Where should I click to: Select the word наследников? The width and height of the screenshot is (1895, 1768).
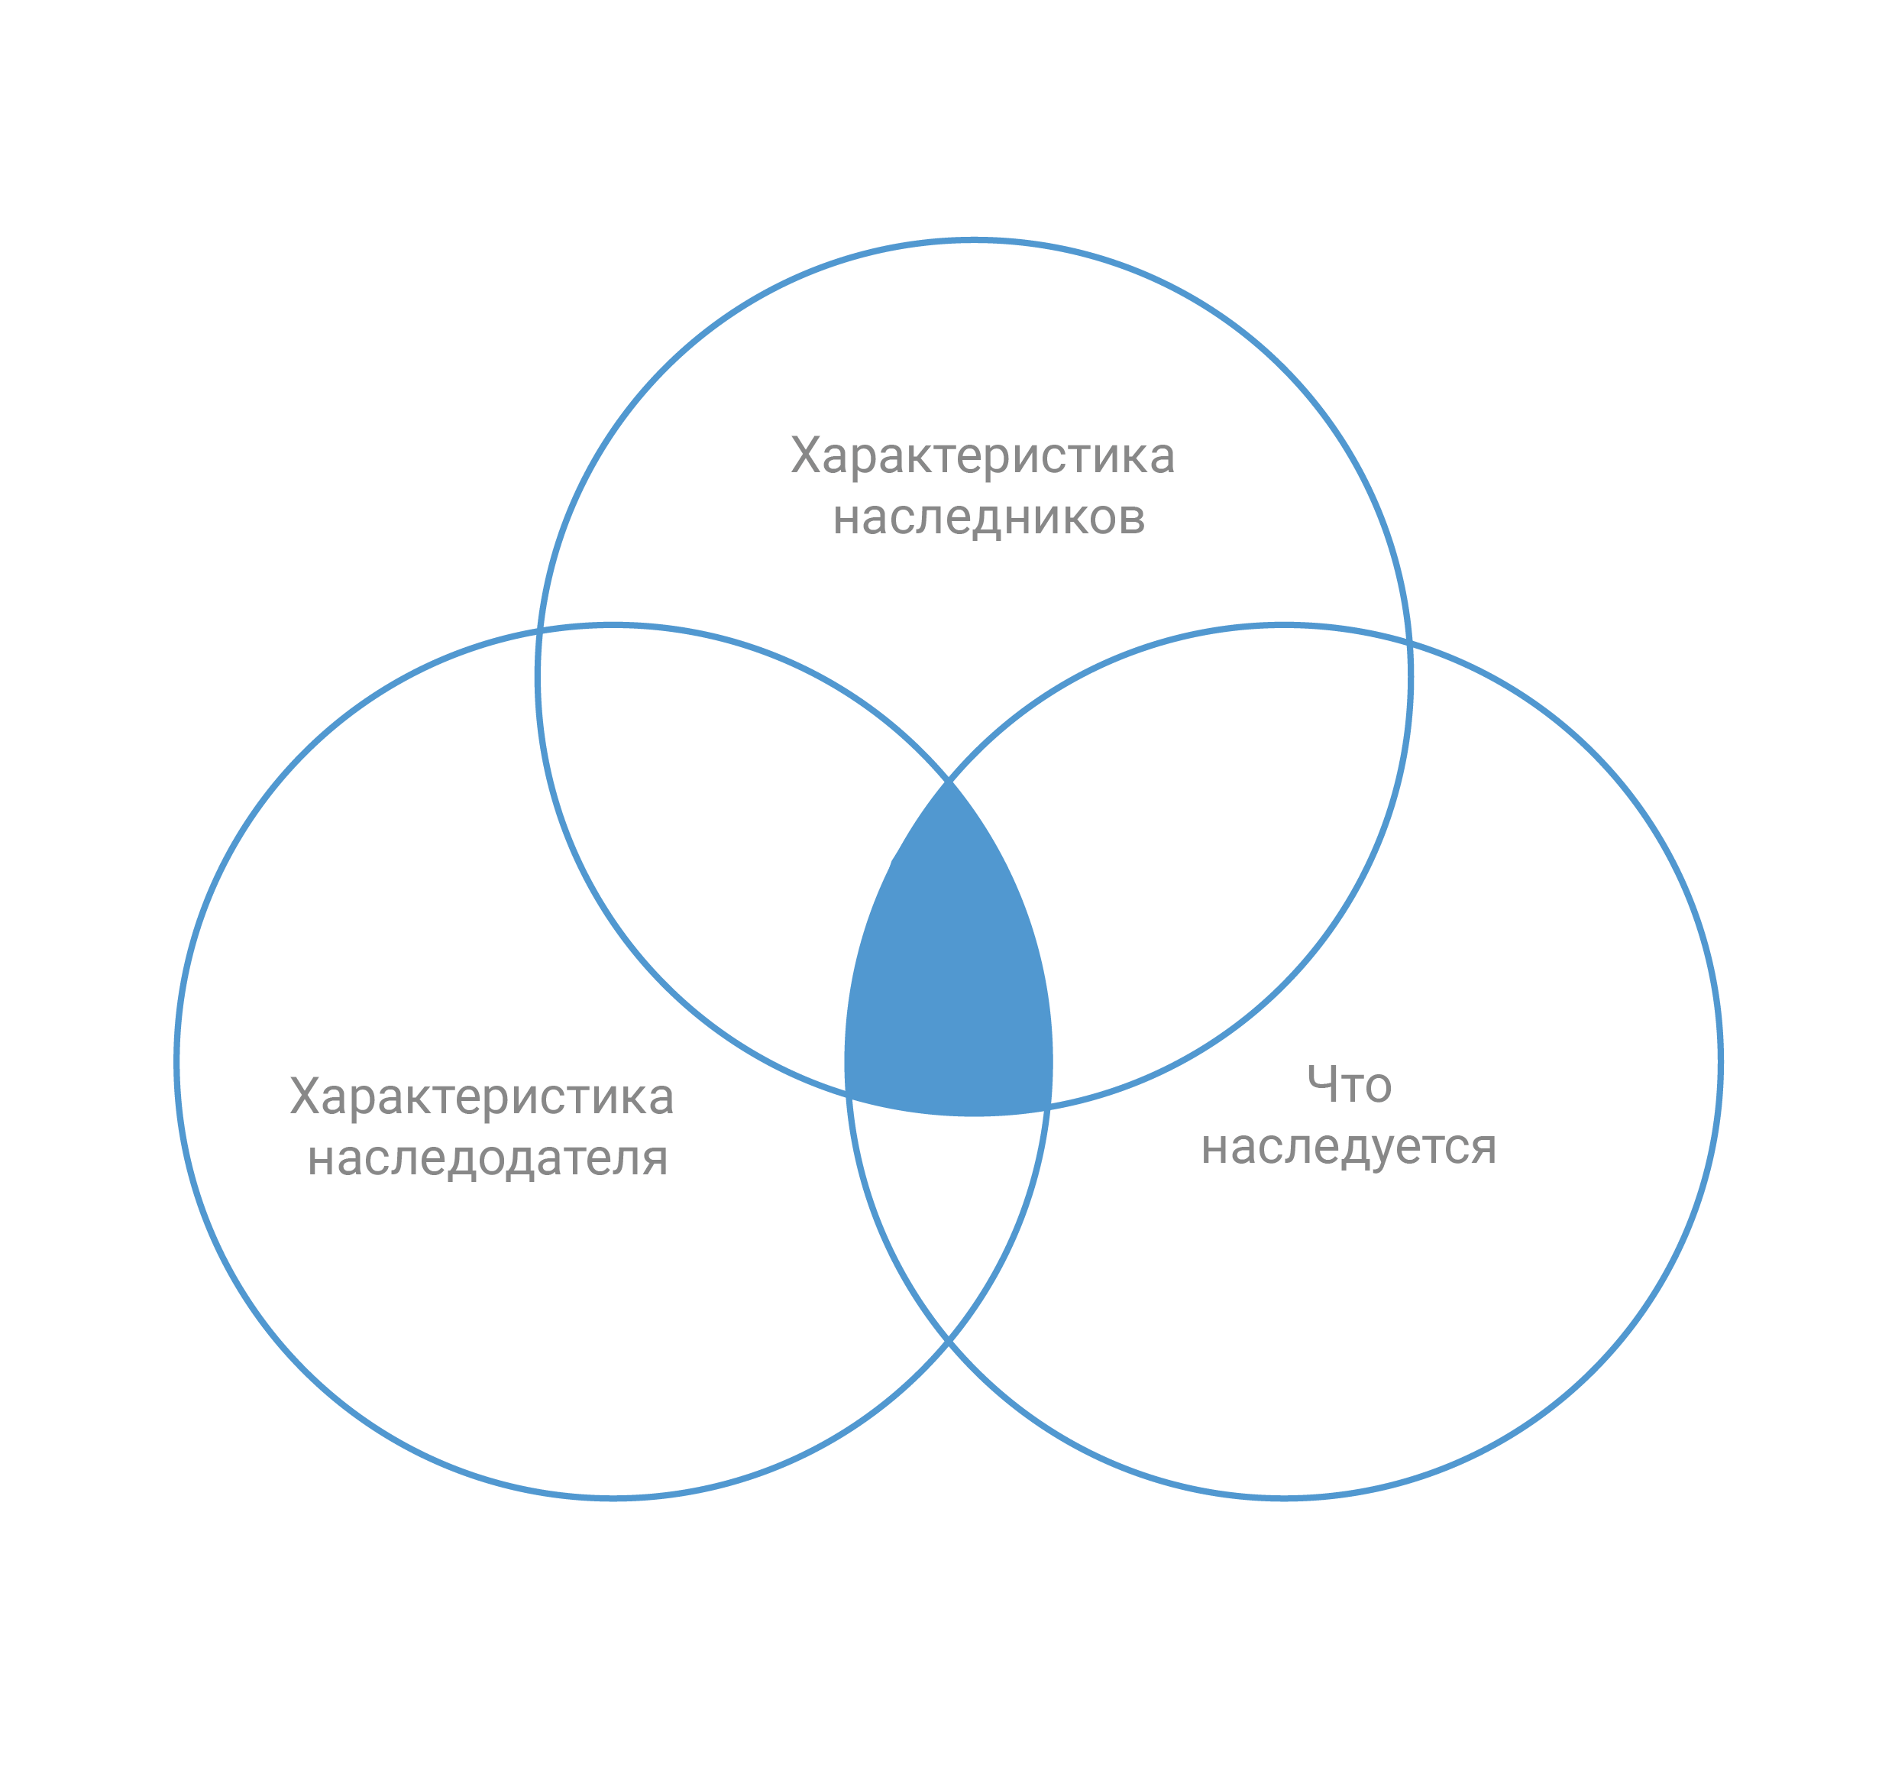(x=988, y=518)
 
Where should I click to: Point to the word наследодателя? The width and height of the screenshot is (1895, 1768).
(x=487, y=1158)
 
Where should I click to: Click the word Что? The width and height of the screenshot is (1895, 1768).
(x=1348, y=1085)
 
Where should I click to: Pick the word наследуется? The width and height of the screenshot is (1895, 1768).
(x=1348, y=1146)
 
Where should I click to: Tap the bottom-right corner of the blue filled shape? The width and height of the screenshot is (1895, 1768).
(x=1050, y=1107)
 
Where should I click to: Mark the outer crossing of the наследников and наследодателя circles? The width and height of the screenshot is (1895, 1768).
(x=539, y=630)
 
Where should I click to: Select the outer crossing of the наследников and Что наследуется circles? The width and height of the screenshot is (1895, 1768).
(x=1409, y=639)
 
